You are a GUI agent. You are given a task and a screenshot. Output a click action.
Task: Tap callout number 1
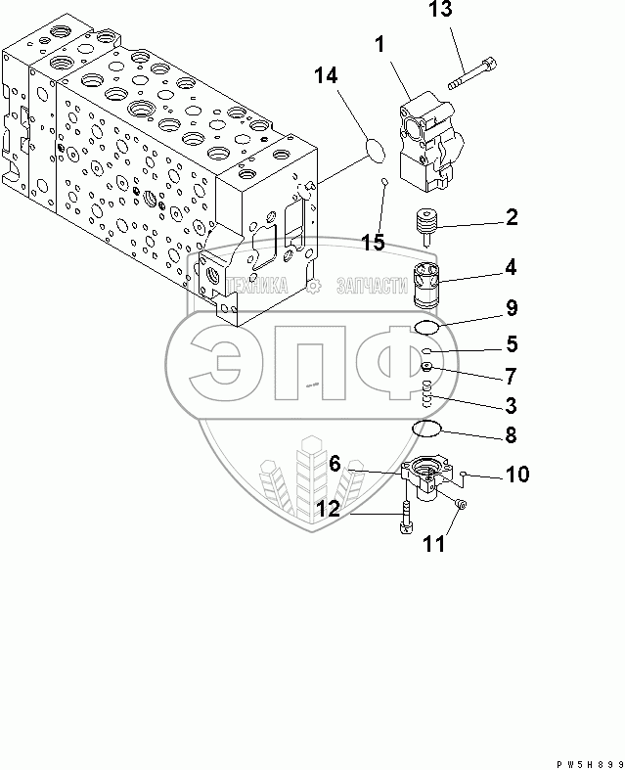378,45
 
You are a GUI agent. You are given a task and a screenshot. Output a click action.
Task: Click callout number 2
512,218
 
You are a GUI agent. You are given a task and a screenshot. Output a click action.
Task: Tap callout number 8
511,434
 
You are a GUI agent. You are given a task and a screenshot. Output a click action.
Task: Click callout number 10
516,476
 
